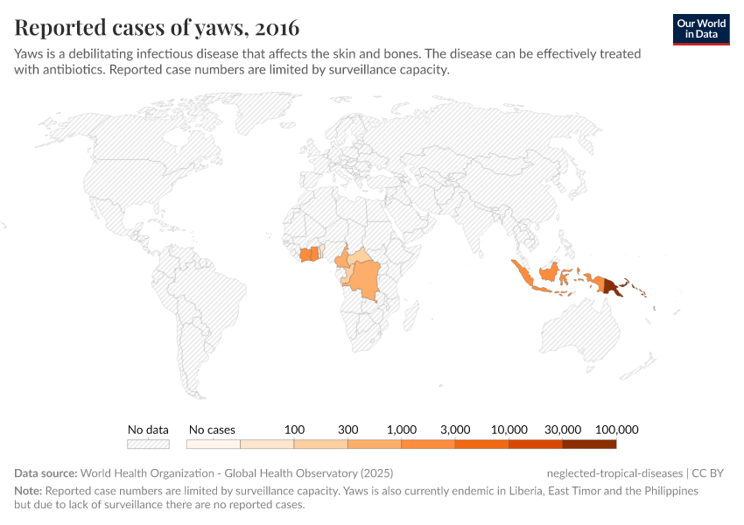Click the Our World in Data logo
pyautogui.click(x=701, y=30)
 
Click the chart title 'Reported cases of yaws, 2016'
pyautogui.click(x=157, y=28)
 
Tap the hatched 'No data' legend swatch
pyautogui.click(x=148, y=444)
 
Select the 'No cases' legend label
pyautogui.click(x=212, y=430)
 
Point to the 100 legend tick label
pyautogui.click(x=294, y=430)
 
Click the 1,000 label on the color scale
pyautogui.click(x=402, y=430)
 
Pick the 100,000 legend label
pyautogui.click(x=616, y=430)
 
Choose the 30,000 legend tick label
pyautogui.click(x=563, y=430)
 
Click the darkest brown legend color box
pyautogui.click(x=589, y=444)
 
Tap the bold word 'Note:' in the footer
pyautogui.click(x=28, y=491)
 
